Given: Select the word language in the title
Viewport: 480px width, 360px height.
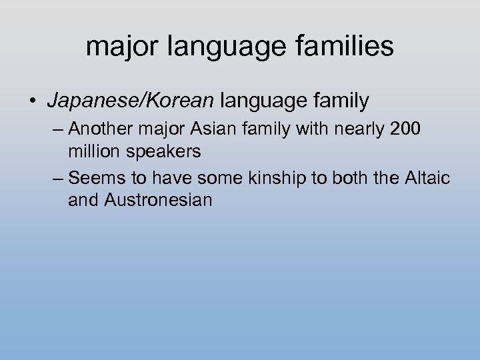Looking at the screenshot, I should click(x=223, y=48).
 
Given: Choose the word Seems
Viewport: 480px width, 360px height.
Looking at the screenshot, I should click(x=92, y=178).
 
